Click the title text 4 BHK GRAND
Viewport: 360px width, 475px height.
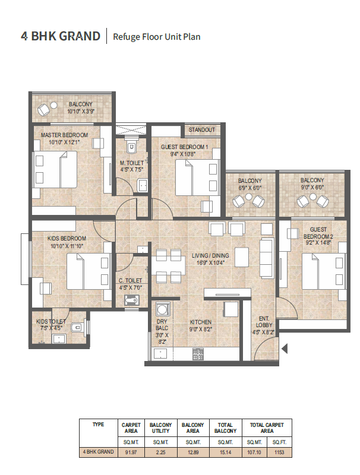[61, 36]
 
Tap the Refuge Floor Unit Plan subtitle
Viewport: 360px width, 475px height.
[156, 37]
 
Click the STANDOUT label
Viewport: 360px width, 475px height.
[202, 129]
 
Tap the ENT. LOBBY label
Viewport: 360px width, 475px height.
[264, 321]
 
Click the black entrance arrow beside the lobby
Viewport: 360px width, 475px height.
[284, 349]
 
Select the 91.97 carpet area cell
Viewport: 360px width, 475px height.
[131, 452]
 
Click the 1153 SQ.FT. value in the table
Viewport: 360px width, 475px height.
[279, 452]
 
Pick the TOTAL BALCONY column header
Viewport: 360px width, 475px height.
[225, 428]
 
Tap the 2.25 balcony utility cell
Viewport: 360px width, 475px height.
[160, 452]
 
